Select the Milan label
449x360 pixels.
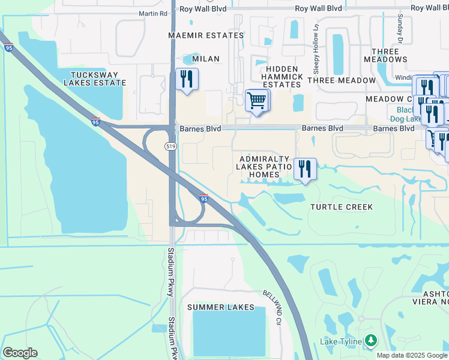(206, 59)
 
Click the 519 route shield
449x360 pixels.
(170, 146)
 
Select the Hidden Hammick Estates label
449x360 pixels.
(281, 77)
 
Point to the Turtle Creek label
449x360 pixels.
(342, 207)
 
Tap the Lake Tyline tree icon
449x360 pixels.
(371, 341)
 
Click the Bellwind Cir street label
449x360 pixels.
(271, 306)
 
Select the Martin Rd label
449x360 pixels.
(153, 13)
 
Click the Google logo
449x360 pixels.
(20, 353)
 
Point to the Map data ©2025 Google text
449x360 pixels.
(412, 355)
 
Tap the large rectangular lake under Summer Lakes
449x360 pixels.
(229, 334)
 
